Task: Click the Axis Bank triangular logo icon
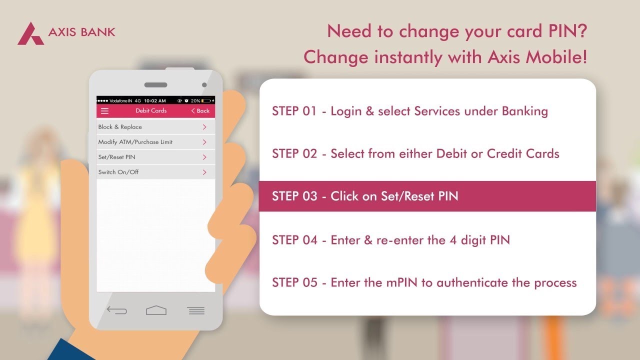tap(30, 34)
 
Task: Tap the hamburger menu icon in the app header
tap(104, 111)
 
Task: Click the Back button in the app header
tap(200, 111)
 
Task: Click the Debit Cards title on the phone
tap(151, 111)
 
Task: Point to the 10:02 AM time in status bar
tap(155, 100)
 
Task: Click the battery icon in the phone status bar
tap(206, 100)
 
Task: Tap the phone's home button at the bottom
tap(156, 310)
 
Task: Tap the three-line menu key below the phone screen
tap(196, 310)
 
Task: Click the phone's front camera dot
tap(204, 85)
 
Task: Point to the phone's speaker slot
tap(155, 85)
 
